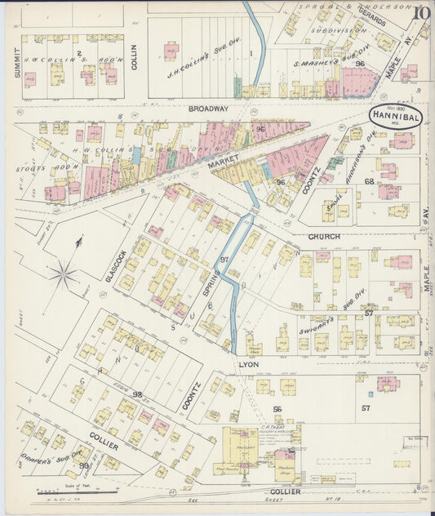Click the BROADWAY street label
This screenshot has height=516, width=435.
pos(207,109)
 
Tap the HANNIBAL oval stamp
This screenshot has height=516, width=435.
pos(394,116)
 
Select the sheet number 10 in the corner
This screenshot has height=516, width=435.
pos(421,12)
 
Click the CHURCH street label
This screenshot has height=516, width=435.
pos(325,237)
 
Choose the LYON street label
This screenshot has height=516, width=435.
pos(248,365)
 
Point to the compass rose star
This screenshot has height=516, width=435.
pos(63,274)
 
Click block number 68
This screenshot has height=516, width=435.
pos(369,180)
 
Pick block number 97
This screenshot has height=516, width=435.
pos(224,259)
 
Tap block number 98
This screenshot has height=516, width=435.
pos(137,394)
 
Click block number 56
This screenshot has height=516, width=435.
pos(277,409)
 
